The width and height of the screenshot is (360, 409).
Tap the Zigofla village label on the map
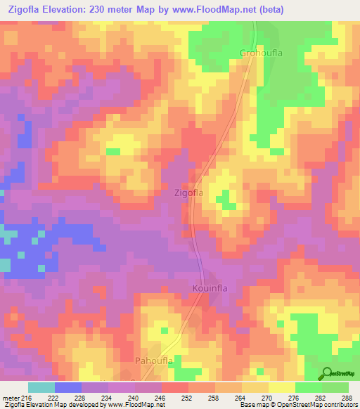click(x=188, y=192)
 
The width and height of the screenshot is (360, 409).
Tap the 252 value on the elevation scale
click(x=187, y=398)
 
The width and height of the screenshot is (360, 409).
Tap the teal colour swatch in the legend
click(x=41, y=387)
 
